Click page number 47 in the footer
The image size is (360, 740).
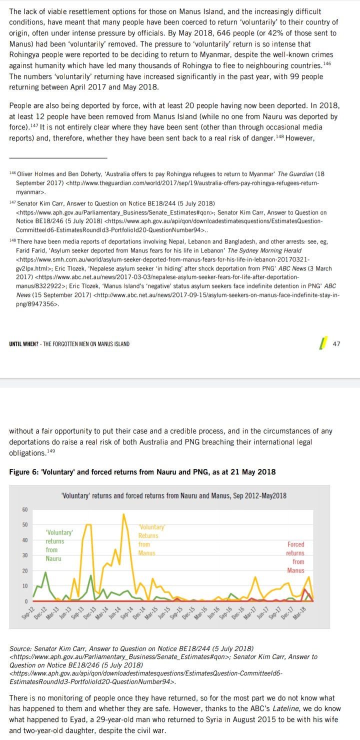[336, 343]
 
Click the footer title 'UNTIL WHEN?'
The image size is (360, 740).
[25, 344]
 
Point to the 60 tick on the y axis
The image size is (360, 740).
[24, 509]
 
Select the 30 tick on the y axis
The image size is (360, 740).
[24, 555]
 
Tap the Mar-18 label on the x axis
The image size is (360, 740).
[299, 611]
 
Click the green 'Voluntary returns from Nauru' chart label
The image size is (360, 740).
[58, 545]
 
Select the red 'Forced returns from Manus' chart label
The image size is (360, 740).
[295, 557]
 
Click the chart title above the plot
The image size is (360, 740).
[173, 495]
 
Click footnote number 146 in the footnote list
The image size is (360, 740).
[13, 173]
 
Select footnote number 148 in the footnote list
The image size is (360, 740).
[13, 241]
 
